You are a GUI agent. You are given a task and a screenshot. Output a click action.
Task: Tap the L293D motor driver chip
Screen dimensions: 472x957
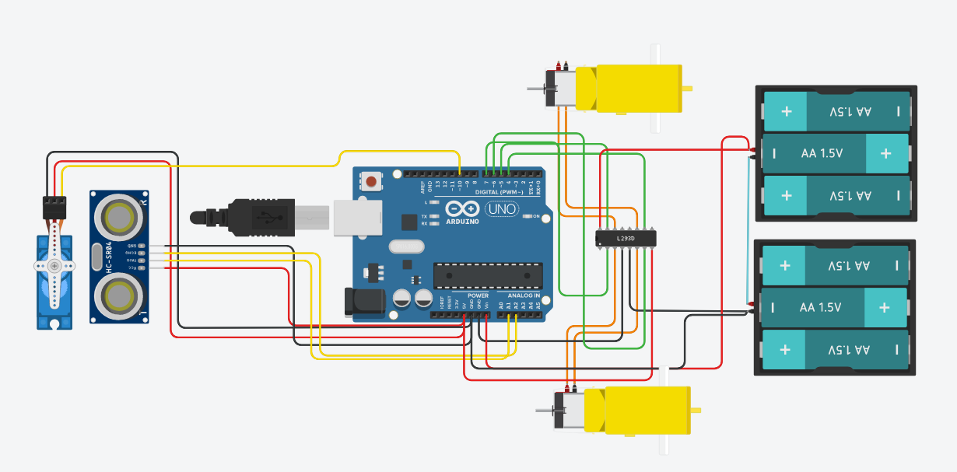(626, 238)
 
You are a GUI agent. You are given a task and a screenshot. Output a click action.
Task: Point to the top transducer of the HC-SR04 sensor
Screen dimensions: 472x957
(119, 217)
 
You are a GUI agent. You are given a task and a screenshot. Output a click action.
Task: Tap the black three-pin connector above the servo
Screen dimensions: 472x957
(54, 205)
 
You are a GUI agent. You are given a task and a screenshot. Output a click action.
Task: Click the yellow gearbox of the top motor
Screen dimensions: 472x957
(638, 88)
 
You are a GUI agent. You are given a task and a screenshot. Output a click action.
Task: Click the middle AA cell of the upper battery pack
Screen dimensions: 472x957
(835, 153)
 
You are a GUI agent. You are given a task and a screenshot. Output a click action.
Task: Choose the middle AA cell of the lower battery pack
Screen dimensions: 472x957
(833, 308)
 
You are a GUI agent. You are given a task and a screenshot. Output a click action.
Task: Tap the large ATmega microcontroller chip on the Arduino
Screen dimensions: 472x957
(488, 274)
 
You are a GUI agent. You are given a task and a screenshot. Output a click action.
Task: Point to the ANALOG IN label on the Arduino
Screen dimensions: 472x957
(524, 295)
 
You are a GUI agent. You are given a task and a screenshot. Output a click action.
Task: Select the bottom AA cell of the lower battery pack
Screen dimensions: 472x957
(835, 350)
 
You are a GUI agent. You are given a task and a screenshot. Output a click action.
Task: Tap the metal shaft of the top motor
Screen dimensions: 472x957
(535, 89)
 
